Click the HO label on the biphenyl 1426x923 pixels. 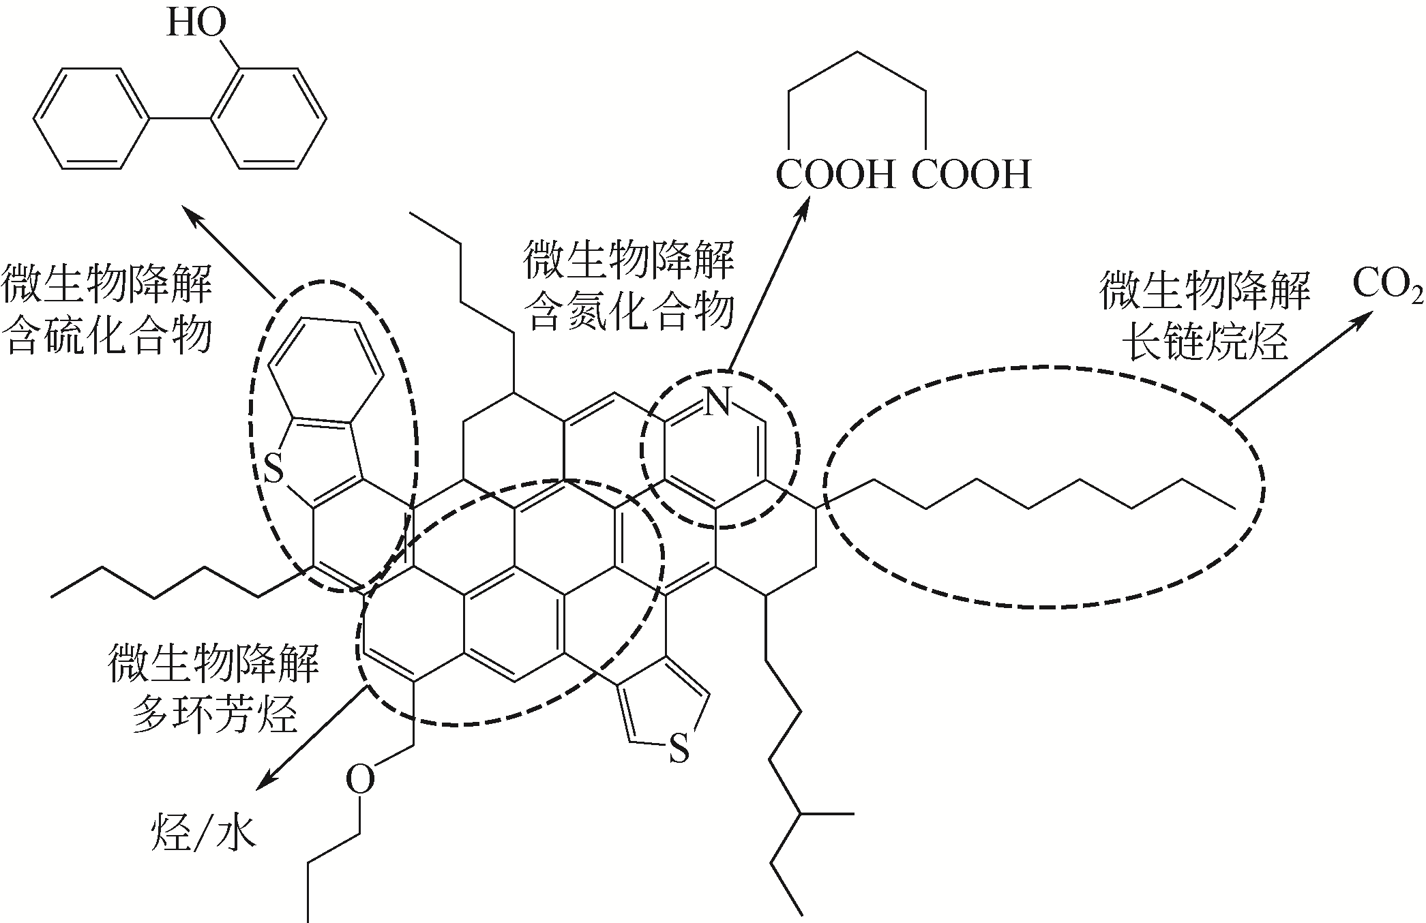[x=196, y=24]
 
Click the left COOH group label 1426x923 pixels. [x=835, y=175]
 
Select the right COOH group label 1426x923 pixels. [x=971, y=175]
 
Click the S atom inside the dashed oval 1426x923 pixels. [x=273, y=470]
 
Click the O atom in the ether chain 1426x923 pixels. [x=360, y=779]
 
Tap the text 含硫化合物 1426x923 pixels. [x=107, y=335]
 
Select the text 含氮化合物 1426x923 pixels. [x=628, y=312]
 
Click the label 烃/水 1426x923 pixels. [x=203, y=832]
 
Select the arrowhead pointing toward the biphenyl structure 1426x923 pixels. [x=197, y=220]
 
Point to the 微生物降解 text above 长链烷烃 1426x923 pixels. [x=1205, y=290]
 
